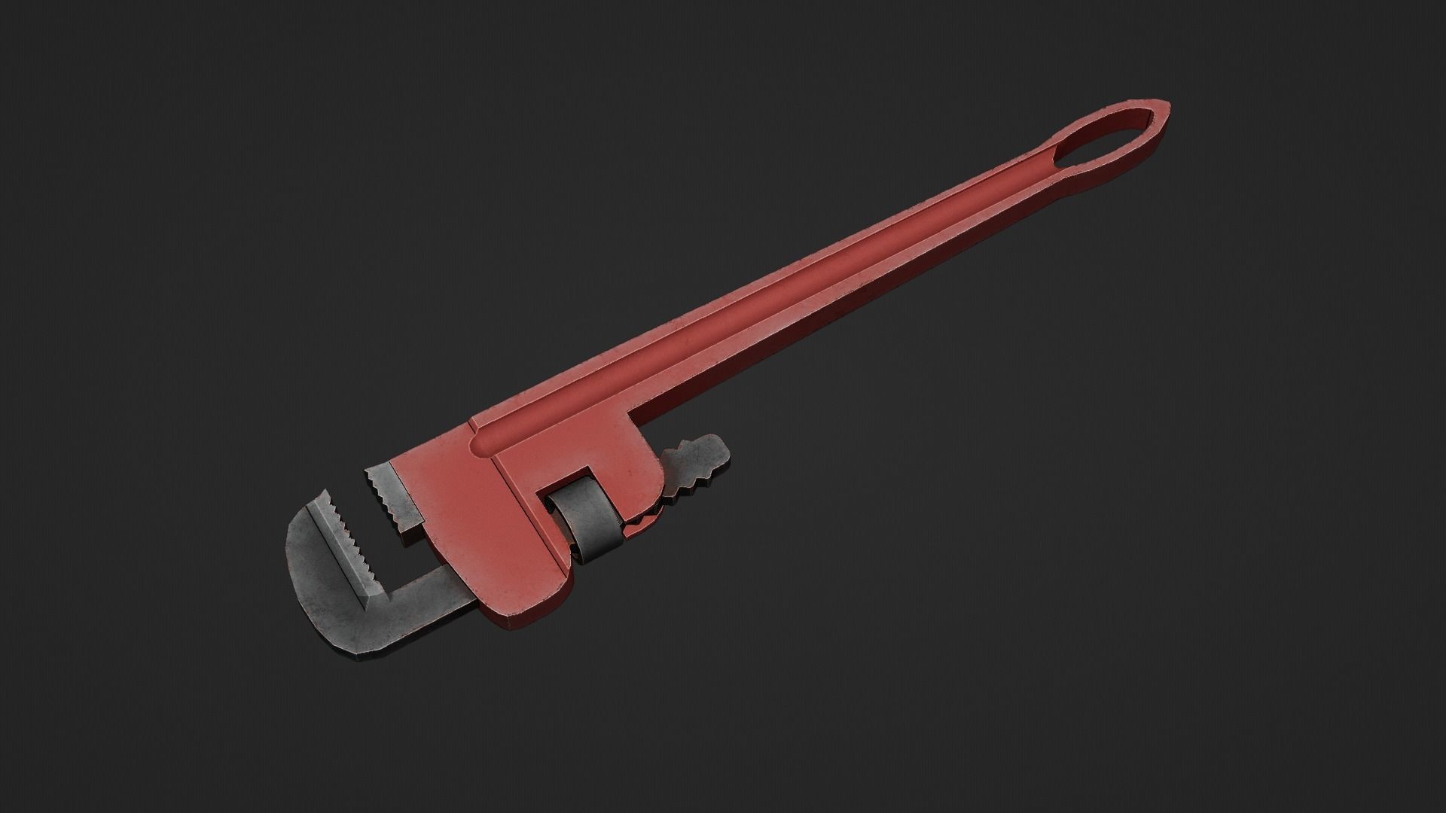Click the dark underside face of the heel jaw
coord(410,531)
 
